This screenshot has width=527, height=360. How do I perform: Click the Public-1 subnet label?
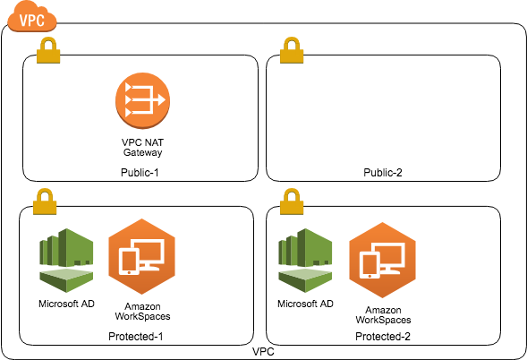pos(140,172)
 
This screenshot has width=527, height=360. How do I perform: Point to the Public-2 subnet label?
pos(382,172)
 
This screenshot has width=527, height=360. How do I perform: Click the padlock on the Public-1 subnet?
pos(47,52)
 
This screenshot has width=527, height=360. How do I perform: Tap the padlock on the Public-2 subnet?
pos(291,52)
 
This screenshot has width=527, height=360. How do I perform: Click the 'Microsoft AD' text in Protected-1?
pos(66,304)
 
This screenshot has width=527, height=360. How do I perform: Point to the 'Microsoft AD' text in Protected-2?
pos(306,304)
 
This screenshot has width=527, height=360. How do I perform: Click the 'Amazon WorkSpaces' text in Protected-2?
pos(383,313)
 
